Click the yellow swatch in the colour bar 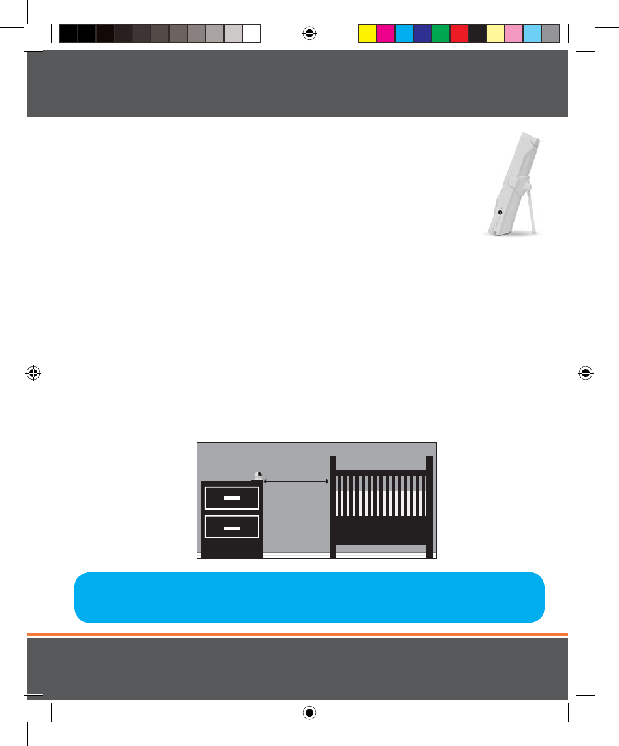coord(368,33)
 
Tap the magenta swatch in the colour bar coord(386,33)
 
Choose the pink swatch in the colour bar coord(514,33)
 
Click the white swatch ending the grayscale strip coord(252,33)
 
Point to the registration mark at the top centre coord(310,33)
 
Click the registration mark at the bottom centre coord(310,713)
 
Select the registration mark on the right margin coord(586,373)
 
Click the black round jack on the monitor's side coord(500,212)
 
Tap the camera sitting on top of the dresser coord(258,476)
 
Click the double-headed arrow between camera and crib coord(296,481)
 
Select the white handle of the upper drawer coord(232,498)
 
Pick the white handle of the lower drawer coord(232,527)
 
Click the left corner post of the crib coord(333,506)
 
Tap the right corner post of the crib coord(430,506)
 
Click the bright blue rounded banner coord(309,597)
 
